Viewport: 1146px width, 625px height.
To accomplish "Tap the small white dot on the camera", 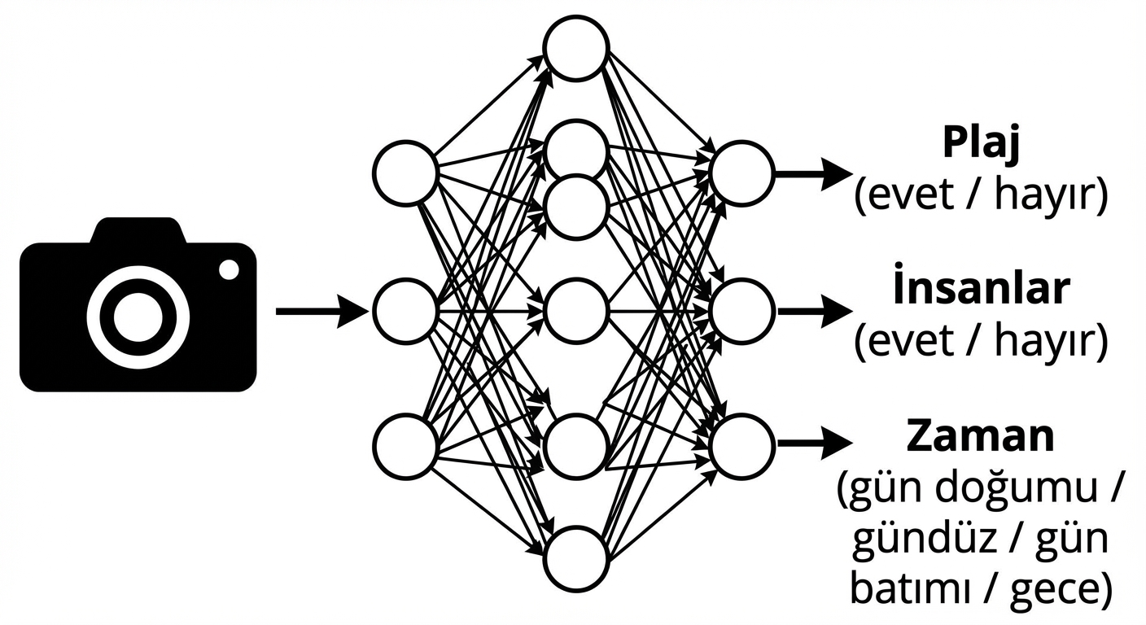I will click(x=230, y=269).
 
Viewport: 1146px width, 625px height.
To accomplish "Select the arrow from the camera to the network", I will click(x=321, y=311).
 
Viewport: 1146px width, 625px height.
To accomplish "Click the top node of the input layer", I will click(x=406, y=173).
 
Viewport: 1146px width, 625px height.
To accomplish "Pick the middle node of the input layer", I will click(x=406, y=310).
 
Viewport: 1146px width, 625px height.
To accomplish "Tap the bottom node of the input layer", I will click(x=406, y=446).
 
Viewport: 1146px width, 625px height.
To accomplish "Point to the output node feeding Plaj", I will click(x=741, y=173).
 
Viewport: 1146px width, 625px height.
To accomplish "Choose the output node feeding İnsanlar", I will click(x=741, y=310).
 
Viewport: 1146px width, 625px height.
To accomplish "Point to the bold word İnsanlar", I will click(x=980, y=290).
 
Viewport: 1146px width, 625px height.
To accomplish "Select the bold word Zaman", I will click(x=980, y=436).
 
